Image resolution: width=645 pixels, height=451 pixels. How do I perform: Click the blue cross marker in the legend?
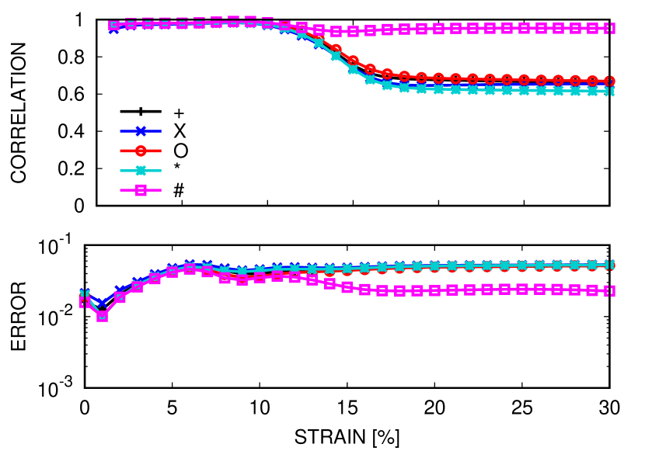141,131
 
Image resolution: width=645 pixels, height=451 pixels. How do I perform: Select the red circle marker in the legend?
141,151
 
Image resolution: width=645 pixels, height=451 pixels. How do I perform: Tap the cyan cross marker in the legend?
141,171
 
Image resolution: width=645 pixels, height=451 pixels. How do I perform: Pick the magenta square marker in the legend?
141,190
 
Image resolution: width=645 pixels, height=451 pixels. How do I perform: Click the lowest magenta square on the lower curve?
102,316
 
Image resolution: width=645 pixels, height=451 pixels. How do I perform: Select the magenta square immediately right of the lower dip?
120,297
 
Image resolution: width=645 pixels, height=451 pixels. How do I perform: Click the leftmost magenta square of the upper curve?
114,25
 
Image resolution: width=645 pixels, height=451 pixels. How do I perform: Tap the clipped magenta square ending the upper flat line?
612,28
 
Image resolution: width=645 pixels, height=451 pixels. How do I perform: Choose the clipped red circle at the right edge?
612,80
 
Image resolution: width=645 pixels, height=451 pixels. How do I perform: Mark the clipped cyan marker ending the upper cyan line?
612,91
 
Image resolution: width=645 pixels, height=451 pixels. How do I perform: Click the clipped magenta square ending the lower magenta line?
612,290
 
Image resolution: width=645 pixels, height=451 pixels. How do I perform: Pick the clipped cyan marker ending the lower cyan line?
612,265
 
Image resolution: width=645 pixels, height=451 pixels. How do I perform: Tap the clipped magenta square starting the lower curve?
82,301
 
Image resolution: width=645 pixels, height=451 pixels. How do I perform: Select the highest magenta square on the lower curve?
190,268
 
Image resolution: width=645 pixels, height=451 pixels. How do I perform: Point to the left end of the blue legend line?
121,131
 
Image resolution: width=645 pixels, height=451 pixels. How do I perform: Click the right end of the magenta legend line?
160,190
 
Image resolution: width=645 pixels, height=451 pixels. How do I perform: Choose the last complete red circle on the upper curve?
592,80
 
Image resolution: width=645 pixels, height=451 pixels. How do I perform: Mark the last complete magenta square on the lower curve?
592,290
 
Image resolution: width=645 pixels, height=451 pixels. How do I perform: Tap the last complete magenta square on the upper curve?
592,28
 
